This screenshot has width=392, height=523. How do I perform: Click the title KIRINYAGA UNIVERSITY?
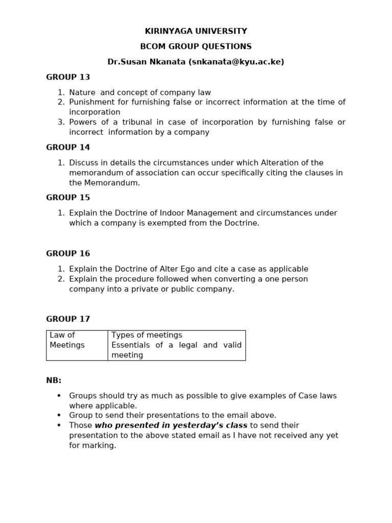pyautogui.click(x=196, y=31)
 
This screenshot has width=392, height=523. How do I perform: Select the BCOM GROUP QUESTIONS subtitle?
pyautogui.click(x=196, y=46)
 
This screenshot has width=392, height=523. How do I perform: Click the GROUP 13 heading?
pyautogui.click(x=68, y=77)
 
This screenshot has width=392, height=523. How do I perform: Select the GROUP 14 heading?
pyautogui.click(x=68, y=148)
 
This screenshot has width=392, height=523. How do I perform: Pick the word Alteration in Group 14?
pyautogui.click(x=279, y=163)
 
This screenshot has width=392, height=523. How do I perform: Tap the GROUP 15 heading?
pyautogui.click(x=68, y=198)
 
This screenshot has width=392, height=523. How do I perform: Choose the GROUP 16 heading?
pyautogui.click(x=68, y=253)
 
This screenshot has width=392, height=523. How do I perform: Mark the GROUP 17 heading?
pyautogui.click(x=68, y=319)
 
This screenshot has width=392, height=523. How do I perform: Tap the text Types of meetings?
pyautogui.click(x=147, y=335)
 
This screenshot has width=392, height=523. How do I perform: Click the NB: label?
pyautogui.click(x=54, y=381)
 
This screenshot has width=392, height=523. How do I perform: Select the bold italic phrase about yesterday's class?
pyautogui.click(x=171, y=425)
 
